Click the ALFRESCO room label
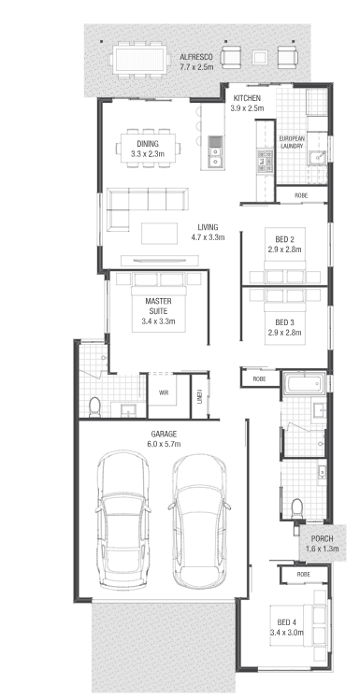click(196, 58)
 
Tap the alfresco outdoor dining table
click(139, 59)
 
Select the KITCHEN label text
click(247, 98)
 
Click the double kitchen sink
click(215, 151)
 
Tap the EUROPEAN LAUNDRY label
click(292, 143)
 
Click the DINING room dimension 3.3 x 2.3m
click(148, 154)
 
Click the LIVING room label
click(208, 227)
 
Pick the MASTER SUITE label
click(158, 306)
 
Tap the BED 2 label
click(284, 241)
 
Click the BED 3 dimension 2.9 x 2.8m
click(284, 333)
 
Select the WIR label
click(163, 393)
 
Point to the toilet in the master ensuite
click(94, 407)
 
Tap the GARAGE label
click(164, 434)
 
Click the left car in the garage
click(123, 520)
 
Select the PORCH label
click(322, 539)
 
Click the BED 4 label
click(286, 622)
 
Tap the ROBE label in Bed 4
click(303, 575)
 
